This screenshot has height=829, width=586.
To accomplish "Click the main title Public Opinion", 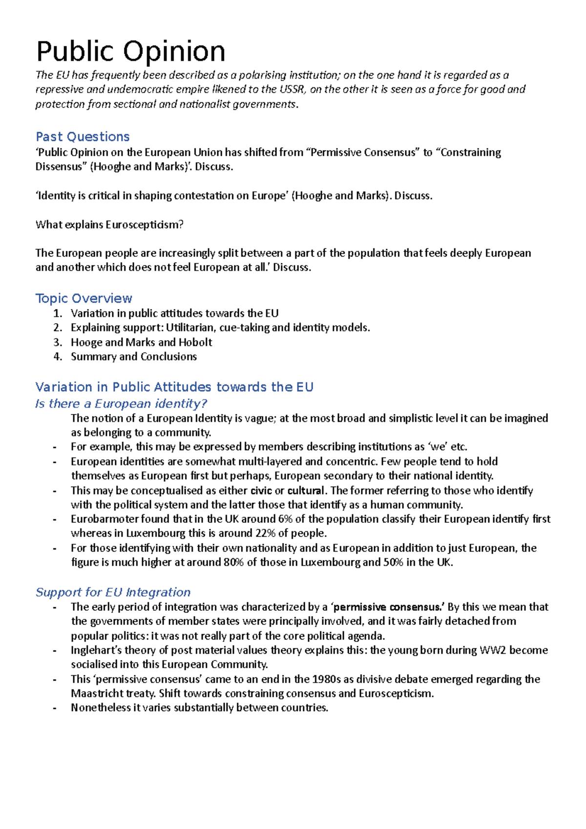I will click(130, 52).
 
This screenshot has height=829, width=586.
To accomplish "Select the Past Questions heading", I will click(83, 137).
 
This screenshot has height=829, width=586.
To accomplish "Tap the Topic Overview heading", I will click(84, 298).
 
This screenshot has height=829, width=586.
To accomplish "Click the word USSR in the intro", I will click(292, 89).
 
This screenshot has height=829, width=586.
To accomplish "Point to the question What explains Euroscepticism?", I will click(109, 225).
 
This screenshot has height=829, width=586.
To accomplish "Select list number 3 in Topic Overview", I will click(58, 342).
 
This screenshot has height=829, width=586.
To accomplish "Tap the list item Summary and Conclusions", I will click(134, 356).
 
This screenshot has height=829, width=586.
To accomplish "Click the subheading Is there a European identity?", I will click(121, 404).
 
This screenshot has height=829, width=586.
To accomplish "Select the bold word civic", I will click(261, 491).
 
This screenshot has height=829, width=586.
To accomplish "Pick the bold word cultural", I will click(306, 491).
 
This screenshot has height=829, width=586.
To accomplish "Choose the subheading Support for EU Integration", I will click(113, 592).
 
